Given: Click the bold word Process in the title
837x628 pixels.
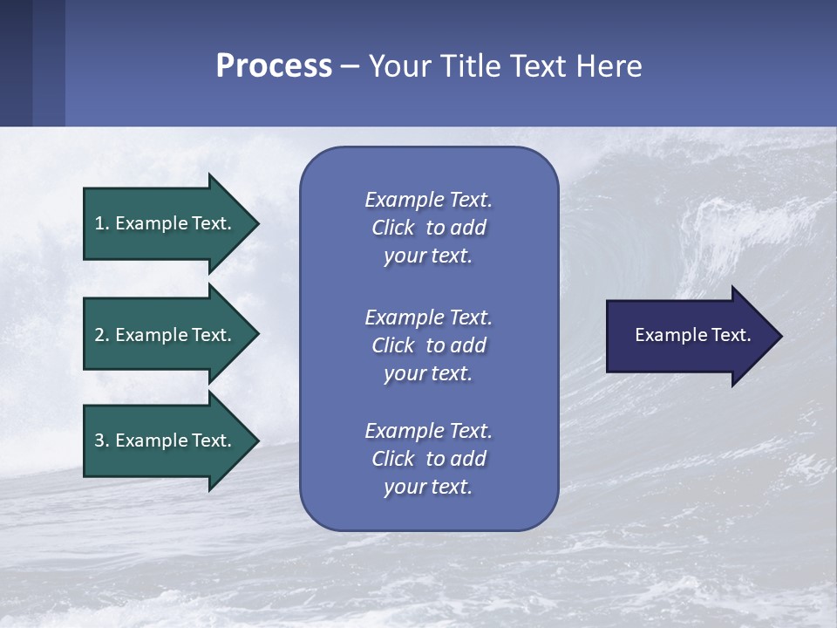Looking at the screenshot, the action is click(x=274, y=66).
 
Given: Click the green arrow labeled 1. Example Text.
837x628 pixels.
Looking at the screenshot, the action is click(x=172, y=224).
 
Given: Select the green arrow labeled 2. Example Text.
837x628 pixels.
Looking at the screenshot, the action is click(x=172, y=334).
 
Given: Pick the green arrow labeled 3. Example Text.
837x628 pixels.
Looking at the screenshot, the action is click(x=172, y=440).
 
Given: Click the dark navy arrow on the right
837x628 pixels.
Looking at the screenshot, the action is click(x=695, y=336).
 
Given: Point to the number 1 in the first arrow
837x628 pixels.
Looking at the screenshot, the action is click(x=99, y=223).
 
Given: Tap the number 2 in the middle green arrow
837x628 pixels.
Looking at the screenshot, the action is click(x=99, y=335).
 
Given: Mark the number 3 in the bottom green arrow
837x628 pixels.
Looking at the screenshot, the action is click(x=99, y=440).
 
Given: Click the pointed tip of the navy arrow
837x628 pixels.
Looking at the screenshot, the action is click(x=783, y=337).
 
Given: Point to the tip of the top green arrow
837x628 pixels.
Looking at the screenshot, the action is click(x=260, y=224).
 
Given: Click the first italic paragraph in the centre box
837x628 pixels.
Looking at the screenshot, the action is click(x=429, y=228).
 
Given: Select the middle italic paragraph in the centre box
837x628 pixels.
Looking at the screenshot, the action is click(x=429, y=345).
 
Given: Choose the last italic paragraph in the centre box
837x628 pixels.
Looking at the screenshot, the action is click(x=429, y=459).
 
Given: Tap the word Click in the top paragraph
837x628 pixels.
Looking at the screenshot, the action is click(x=393, y=228).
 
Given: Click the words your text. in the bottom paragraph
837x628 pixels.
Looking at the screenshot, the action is click(x=428, y=487).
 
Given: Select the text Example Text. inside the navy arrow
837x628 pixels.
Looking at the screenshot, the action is click(x=693, y=335).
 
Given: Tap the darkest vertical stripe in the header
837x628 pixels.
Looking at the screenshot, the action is click(x=16, y=63).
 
